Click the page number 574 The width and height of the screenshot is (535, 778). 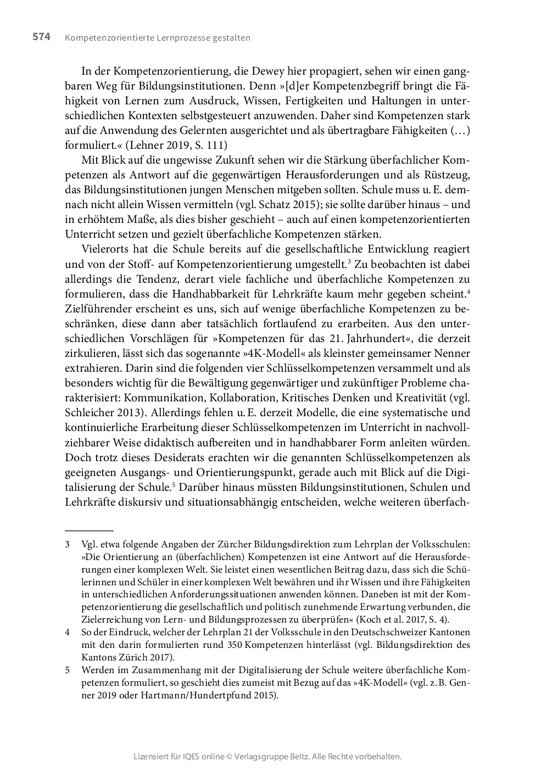coord(41,37)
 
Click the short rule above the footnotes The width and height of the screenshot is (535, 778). coord(89,531)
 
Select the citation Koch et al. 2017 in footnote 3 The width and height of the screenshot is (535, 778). coord(395,620)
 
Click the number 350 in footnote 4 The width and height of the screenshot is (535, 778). coord(236,645)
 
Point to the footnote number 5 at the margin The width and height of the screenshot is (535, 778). coord(67,670)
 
